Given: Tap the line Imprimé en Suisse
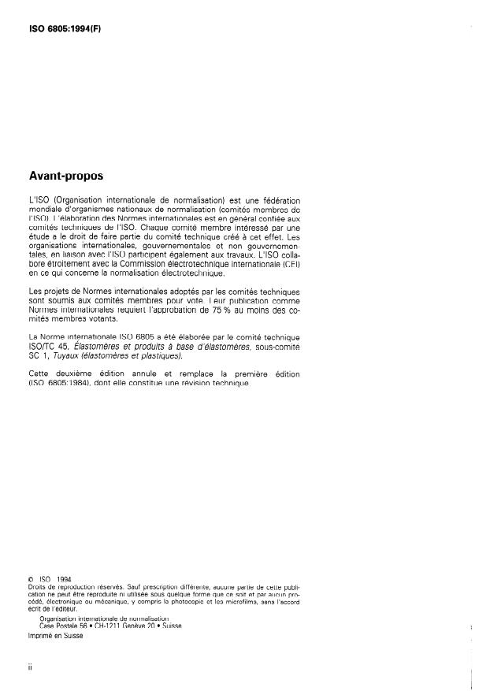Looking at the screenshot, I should [x=55, y=637].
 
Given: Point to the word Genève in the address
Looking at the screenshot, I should [x=135, y=626].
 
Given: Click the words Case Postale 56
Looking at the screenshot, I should [x=61, y=626].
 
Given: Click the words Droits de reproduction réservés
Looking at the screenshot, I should [x=71, y=588].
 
